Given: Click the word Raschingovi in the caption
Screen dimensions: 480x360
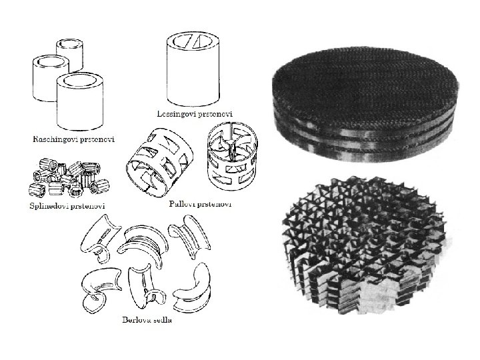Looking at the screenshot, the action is [x=52, y=139].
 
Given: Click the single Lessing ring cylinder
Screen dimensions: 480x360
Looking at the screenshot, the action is [x=193, y=70].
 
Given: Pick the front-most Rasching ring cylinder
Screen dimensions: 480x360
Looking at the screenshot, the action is [x=80, y=101].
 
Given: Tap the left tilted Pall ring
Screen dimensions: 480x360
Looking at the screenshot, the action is [x=159, y=161].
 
